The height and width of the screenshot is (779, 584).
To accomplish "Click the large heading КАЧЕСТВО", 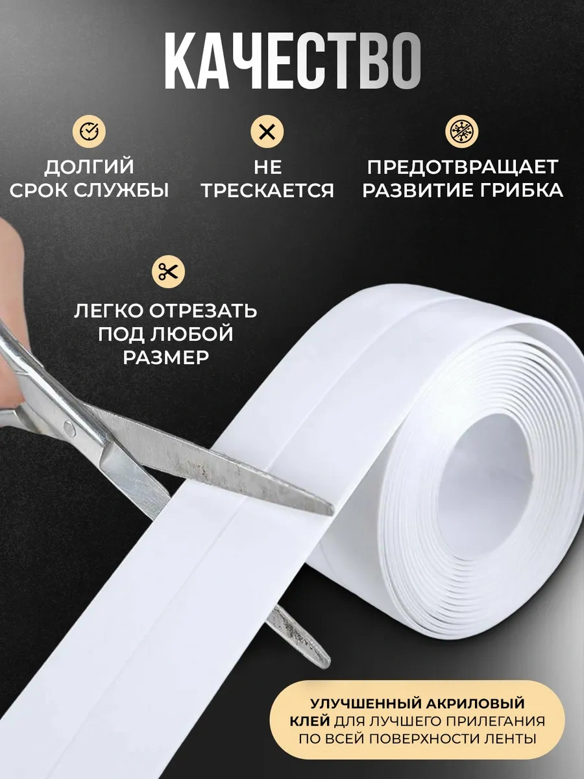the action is [x=293, y=60].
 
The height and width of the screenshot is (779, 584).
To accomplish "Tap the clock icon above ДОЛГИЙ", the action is [x=89, y=131].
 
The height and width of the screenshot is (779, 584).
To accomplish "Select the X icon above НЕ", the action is [x=267, y=131].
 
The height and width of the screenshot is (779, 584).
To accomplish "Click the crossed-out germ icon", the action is [x=461, y=131].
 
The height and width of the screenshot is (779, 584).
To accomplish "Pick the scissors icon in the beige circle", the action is [x=168, y=271].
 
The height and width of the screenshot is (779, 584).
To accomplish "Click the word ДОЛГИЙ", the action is [x=89, y=167].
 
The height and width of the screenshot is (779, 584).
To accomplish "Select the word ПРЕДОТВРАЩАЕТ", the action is [x=463, y=167].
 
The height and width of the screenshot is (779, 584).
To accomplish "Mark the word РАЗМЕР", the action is [x=166, y=358].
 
